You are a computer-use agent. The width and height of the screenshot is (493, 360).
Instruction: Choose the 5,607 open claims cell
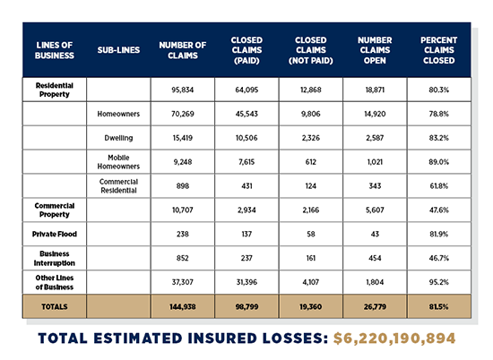point(375,209)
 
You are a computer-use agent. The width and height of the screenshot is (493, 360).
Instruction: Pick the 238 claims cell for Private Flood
point(183,232)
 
